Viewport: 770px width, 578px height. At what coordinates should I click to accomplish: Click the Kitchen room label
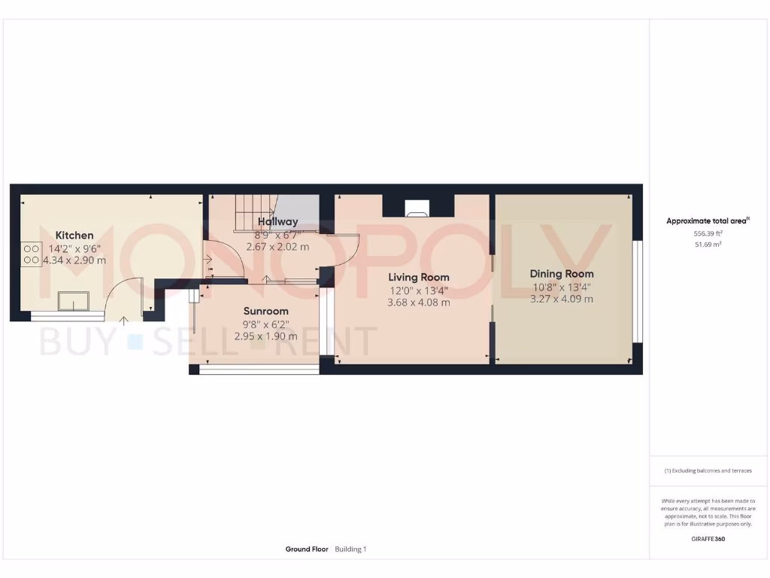point(74,236)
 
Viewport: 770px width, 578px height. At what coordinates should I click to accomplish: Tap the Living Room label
point(418,277)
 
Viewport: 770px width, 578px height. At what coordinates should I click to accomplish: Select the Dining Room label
point(561,274)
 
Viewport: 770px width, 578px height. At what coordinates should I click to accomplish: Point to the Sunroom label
point(265,311)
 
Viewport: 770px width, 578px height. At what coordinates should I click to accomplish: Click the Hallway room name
point(277,222)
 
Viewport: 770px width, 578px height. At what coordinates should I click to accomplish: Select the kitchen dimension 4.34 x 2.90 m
point(74,260)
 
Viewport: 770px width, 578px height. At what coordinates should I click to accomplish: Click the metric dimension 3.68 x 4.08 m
point(418,303)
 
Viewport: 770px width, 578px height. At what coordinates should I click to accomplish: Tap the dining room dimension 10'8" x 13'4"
point(561,286)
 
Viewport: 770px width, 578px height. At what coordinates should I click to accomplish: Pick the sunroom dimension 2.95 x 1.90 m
point(265,336)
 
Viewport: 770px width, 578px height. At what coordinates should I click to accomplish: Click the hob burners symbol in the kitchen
point(32,254)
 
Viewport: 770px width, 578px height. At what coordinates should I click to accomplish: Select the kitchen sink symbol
point(74,301)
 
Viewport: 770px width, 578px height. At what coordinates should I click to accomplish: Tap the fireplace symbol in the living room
point(418,207)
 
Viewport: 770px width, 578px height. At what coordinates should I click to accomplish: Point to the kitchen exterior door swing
point(124,298)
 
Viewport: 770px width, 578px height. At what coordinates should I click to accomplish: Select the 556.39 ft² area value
point(707,234)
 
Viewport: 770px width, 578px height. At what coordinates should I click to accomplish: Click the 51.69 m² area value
point(707,245)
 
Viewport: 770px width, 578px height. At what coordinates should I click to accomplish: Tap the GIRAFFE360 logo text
point(708,539)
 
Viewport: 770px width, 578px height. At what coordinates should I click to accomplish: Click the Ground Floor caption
point(307,549)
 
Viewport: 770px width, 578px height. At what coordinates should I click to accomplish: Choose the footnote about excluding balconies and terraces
point(708,471)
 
